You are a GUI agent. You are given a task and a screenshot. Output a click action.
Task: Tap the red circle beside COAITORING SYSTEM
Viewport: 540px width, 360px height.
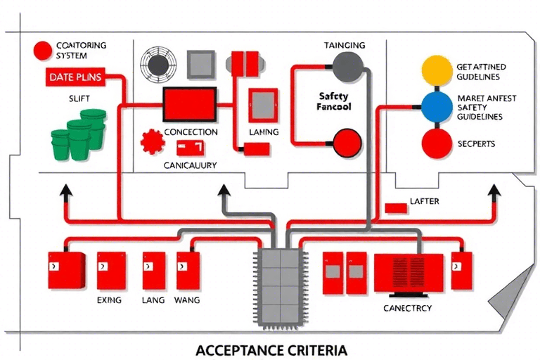42,51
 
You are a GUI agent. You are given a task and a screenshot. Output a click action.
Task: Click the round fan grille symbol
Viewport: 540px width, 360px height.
157,64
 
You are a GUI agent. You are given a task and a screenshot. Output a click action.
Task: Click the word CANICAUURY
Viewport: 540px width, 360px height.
190,165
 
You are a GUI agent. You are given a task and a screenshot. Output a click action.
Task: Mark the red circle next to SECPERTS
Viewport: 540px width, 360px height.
435,143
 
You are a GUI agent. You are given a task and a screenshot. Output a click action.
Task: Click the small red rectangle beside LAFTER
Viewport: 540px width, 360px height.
398,207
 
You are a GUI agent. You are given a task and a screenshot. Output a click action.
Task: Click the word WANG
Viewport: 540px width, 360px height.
186,300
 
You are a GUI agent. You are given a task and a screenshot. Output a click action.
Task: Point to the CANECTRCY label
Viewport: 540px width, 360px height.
408,308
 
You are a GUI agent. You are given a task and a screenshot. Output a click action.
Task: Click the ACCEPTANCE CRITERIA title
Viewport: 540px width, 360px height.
271,349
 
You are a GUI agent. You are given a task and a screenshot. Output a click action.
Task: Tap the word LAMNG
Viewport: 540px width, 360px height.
264,132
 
